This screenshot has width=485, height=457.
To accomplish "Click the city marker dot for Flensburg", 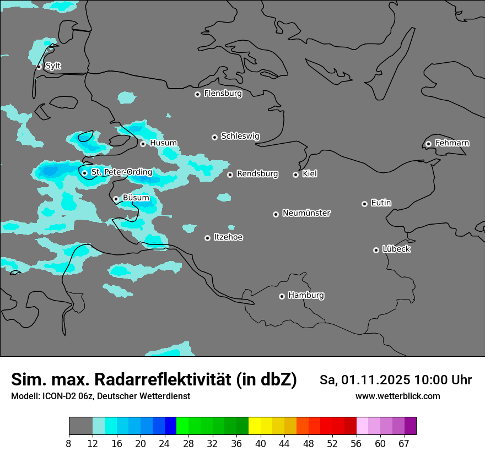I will pos(197,94).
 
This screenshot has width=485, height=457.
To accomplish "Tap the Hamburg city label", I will pos(306,296).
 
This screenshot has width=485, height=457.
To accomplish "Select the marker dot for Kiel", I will pos(295,175).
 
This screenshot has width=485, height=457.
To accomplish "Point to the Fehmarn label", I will pos(452,143).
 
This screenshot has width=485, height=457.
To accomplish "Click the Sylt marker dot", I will pos(39,67).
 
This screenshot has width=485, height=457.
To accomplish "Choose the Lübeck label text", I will pos(396,249).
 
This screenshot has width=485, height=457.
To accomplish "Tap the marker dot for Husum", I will pos(143,144).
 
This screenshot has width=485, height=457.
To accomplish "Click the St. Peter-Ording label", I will pos(121,172).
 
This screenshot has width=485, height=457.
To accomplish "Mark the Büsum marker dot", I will pos(116,199).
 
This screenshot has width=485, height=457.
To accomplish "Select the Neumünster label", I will pos(306,213).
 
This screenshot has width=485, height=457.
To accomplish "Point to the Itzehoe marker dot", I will pos(207,238).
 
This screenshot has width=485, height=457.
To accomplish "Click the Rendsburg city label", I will pos(257,174).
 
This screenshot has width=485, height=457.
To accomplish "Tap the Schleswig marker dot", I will pos(214,137).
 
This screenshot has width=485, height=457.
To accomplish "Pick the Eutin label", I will pos(381,203).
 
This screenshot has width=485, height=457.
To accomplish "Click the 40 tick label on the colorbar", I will pos(261,444).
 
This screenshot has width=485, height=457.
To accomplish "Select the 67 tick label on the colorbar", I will pos(404,444).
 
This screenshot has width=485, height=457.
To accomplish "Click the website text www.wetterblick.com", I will pos(397,396).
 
